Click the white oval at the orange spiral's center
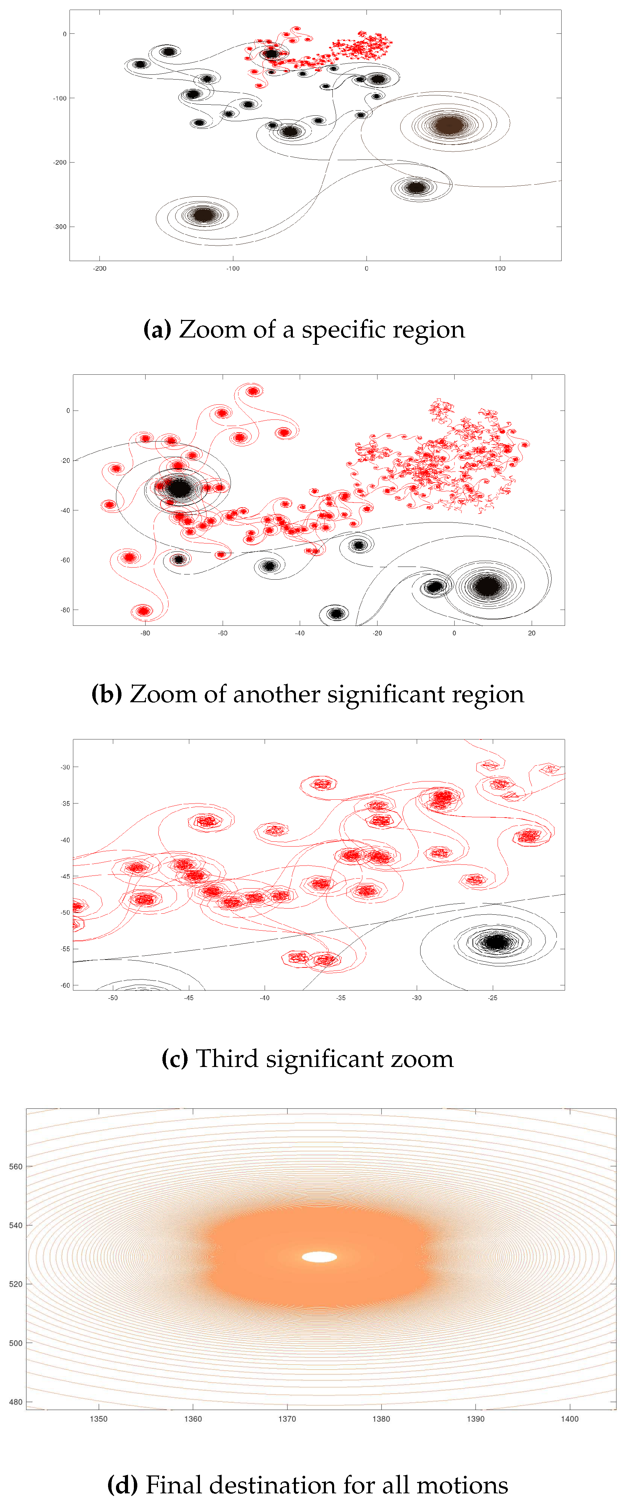319,1257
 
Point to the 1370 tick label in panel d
287,1419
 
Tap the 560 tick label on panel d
16,1167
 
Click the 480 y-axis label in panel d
16,1401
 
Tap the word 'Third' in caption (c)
226,1059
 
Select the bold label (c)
174,1059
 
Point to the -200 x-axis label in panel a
100,268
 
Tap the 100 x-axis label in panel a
500,268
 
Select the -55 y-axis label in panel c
65,949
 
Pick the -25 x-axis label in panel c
493,998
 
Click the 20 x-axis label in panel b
531,633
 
